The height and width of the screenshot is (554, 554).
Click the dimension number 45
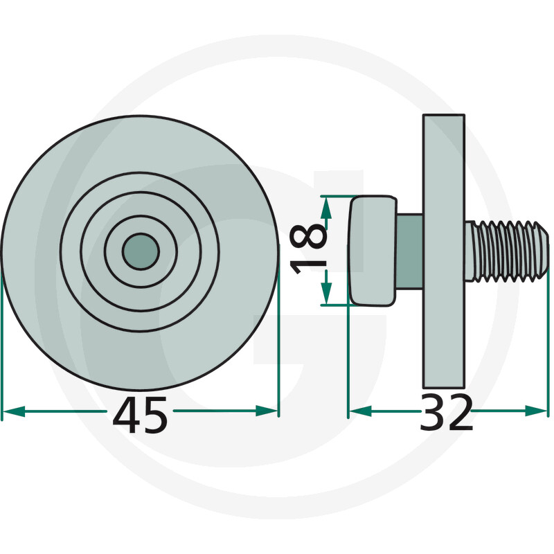tap(141, 415)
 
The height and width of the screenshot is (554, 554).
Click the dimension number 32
tap(446, 412)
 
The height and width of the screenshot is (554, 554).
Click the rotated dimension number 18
tap(308, 250)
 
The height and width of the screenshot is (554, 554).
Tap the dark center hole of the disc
tap(141, 251)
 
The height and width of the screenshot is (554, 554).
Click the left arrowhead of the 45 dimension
tap(13, 411)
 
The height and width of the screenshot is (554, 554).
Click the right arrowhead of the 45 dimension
tap(267, 411)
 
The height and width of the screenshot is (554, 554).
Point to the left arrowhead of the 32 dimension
tap(360, 411)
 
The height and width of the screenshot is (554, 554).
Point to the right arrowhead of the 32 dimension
tap(536, 411)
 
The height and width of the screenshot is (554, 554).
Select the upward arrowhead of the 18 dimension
tap(326, 208)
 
